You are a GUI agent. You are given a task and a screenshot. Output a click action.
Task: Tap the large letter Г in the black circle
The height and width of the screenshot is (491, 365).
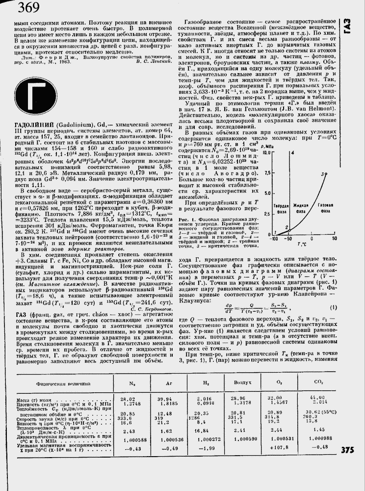coord(37,98)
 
